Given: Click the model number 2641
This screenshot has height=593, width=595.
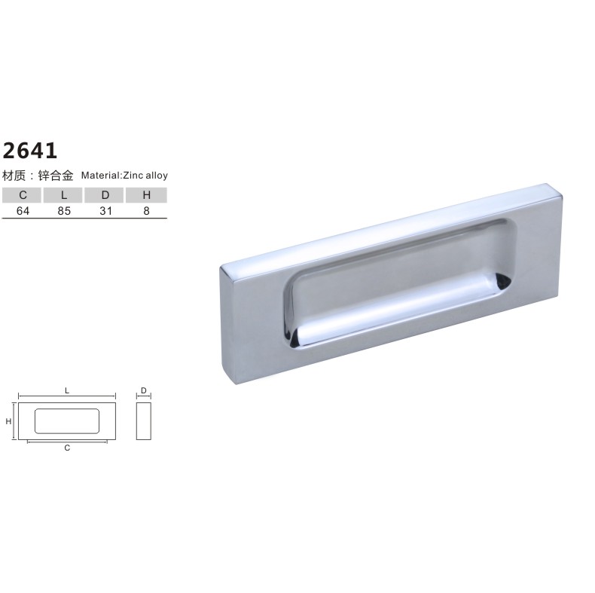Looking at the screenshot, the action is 30,151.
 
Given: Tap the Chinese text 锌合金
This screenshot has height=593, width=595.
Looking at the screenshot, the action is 56,176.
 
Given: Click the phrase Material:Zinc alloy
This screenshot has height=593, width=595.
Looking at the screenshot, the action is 124,176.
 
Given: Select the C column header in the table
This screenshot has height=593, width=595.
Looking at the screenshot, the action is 23,195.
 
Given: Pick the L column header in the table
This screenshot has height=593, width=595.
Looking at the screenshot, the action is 64,195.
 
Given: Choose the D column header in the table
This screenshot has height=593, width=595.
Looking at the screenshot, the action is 105,195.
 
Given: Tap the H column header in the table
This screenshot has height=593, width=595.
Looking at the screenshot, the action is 146,195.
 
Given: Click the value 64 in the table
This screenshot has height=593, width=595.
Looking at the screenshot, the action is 23,211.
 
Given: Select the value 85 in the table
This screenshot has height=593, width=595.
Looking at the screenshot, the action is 64,211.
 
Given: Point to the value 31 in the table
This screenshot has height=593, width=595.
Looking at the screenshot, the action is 105,211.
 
